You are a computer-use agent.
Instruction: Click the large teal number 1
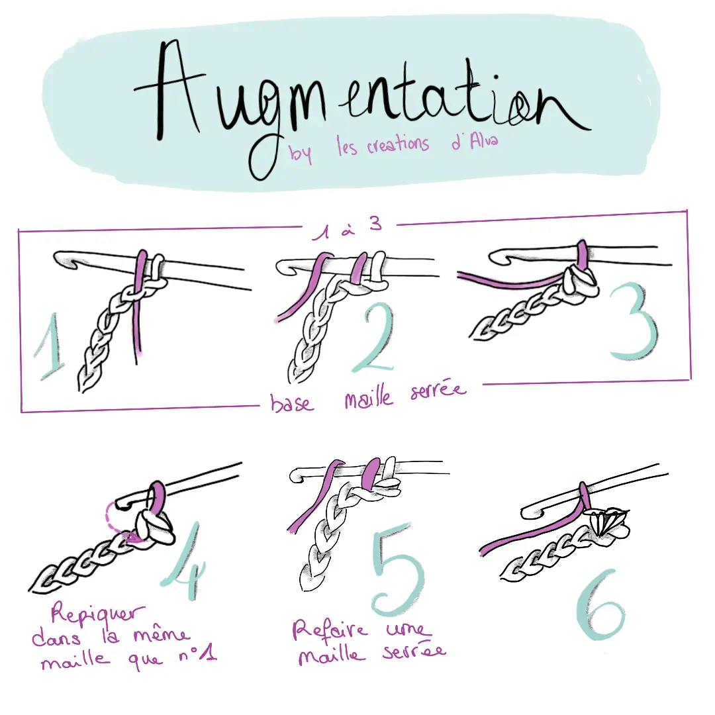coord(51,346)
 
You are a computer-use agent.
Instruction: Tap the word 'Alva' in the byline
coord(484,141)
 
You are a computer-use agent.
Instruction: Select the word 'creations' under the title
coord(398,144)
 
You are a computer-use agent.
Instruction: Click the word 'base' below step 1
coord(292,403)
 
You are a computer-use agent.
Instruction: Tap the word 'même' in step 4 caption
coord(162,635)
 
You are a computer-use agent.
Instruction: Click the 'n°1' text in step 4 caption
coord(197,655)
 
